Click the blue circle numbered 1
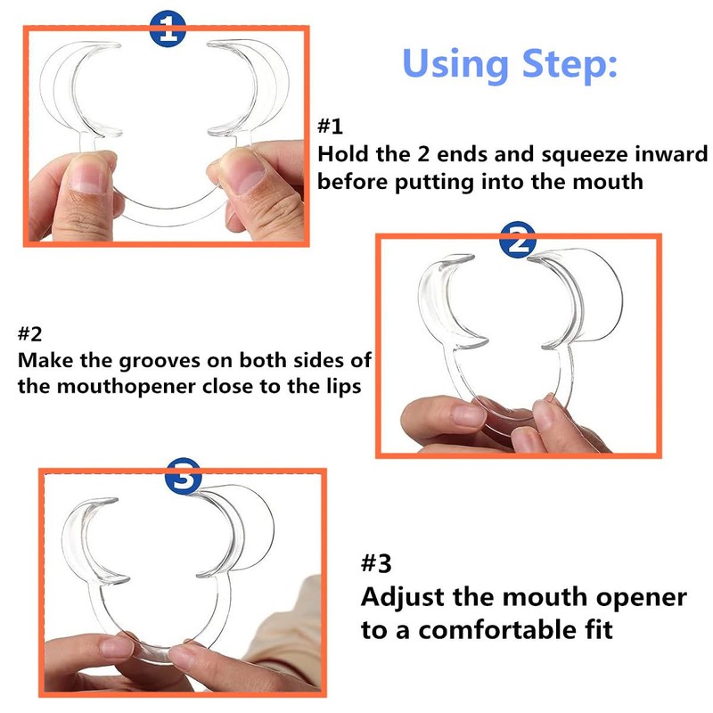(x=168, y=29)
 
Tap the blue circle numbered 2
(x=518, y=240)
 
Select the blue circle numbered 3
(x=184, y=476)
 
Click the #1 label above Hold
(x=330, y=126)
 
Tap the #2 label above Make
(x=30, y=333)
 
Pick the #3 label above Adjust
(x=376, y=563)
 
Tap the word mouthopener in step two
(x=127, y=388)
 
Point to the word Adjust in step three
(x=404, y=597)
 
